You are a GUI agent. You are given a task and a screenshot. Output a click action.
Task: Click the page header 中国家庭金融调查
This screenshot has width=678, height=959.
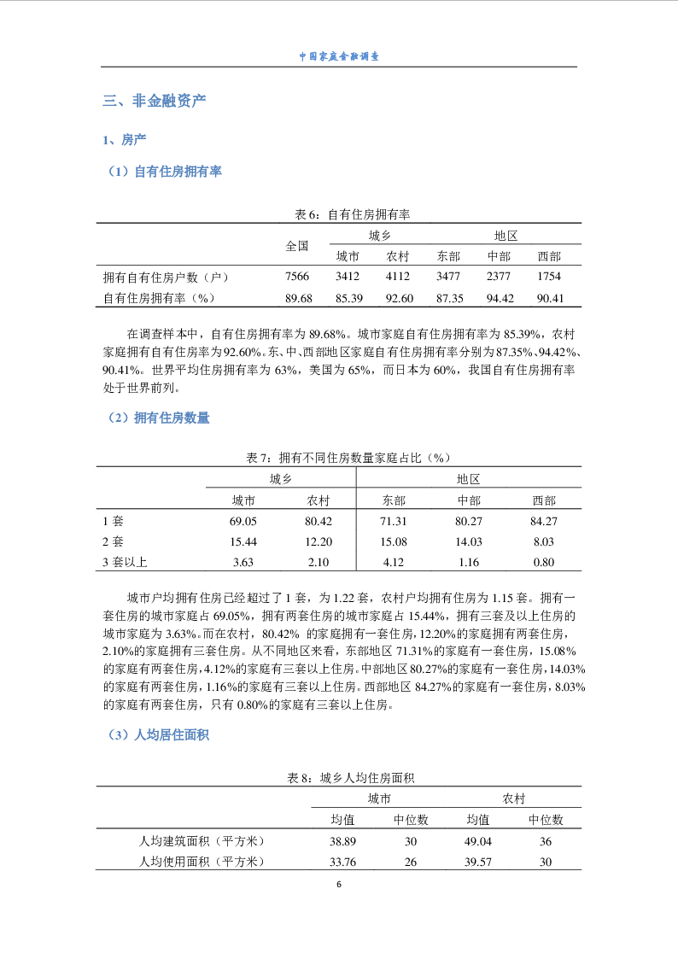tap(339, 56)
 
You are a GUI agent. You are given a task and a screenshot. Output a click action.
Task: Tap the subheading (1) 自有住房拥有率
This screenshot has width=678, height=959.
tap(162, 172)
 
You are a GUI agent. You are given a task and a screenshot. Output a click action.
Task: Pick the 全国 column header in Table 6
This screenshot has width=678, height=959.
tap(296, 246)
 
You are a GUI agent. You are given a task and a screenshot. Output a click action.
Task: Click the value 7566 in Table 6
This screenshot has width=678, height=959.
tap(296, 277)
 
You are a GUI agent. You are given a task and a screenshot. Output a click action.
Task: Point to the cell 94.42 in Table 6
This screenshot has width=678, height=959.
tap(499, 298)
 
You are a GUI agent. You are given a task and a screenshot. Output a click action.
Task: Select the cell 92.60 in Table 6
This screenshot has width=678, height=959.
tap(398, 298)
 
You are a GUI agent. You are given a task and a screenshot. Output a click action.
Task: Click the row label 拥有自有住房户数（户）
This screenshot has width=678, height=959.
tap(166, 277)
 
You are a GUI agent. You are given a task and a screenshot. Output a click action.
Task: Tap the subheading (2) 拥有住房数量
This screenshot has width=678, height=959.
tap(156, 418)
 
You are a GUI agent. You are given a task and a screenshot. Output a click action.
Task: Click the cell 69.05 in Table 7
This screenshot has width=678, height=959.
tap(243, 521)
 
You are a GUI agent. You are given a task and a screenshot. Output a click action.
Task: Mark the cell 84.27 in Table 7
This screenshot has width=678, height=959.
tap(544, 521)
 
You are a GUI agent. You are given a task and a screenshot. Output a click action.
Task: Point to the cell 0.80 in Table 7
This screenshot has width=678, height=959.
tap(544, 562)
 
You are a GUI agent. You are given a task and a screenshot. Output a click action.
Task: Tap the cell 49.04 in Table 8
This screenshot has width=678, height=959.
tap(477, 841)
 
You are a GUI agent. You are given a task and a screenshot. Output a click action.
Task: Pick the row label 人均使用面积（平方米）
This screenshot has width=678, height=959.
tap(202, 862)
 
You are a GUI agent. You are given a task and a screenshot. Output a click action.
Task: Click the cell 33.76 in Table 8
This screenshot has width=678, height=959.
tap(342, 862)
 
